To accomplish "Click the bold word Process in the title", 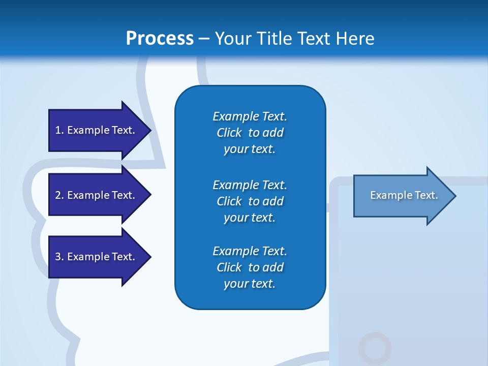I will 160,39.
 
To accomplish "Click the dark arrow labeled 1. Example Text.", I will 97,130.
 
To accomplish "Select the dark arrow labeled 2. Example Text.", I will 97,195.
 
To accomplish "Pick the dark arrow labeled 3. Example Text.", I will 97,257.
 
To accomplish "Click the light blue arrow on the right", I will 402,196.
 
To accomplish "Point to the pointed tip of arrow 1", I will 149,130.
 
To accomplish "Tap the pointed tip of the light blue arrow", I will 454,196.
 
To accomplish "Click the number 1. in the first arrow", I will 59,130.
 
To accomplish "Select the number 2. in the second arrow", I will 59,195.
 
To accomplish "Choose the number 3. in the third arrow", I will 59,257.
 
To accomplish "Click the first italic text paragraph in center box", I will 250,133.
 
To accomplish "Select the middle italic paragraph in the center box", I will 250,201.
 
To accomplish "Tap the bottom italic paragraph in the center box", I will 250,267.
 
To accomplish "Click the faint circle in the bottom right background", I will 375,349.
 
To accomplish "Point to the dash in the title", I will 204,39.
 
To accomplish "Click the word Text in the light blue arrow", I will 426,195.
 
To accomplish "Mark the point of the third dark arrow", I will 149,257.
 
